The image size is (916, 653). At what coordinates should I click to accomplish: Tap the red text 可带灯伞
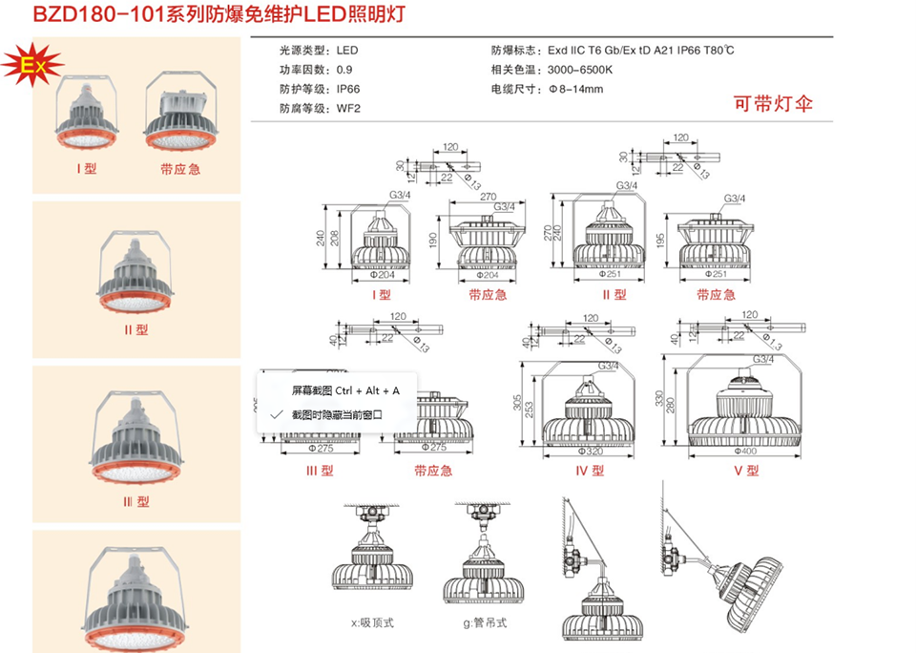[772, 104]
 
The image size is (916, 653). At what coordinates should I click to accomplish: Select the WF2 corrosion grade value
[347, 108]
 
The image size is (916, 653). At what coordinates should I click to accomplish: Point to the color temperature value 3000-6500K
[580, 70]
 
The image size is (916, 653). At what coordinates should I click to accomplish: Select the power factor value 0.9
[343, 70]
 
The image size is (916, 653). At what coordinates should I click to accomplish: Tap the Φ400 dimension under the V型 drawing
[747, 449]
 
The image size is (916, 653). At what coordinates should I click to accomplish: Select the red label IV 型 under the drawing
[590, 470]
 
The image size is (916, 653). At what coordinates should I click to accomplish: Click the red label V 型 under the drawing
[745, 470]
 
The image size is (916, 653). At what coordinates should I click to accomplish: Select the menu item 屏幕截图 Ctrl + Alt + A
[345, 390]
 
